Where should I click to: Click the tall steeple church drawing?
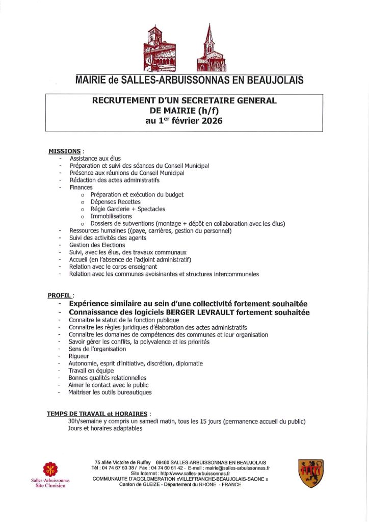[x=210, y=48]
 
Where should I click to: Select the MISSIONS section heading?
[x=64, y=151]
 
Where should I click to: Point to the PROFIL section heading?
[x=60, y=295]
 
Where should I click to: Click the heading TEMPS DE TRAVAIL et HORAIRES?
[x=96, y=414]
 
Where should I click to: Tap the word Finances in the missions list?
[x=81, y=187]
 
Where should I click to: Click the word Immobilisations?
[x=111, y=216]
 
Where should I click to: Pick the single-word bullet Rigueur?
[x=78, y=356]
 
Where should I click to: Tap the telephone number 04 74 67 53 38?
[x=121, y=467]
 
